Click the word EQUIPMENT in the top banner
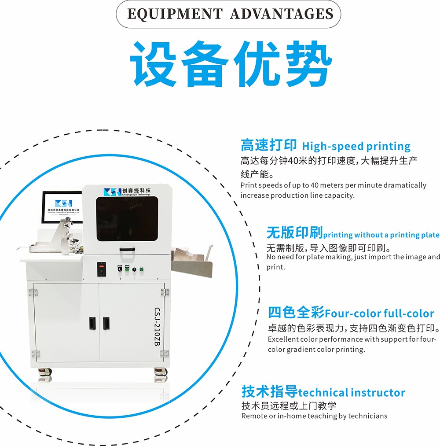tap(175, 14)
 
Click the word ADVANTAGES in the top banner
tap(282, 14)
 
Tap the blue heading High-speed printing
tap(356, 146)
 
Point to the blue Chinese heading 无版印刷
tap(294, 232)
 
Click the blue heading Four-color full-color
tap(379, 313)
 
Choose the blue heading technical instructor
tap(352, 393)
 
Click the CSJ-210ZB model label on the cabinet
tap(157, 327)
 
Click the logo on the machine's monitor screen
tap(63, 203)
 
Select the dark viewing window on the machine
tap(127, 219)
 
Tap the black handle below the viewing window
tap(127, 250)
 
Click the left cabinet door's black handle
tap(92, 324)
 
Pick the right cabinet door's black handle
tap(106, 324)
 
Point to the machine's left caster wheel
tap(45, 372)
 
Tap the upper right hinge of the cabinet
tap(165, 292)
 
